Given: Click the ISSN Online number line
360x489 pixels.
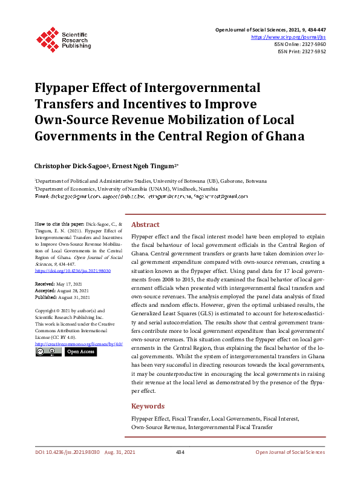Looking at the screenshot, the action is click(301, 44).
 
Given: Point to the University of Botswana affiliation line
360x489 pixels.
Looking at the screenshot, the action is click(145, 180).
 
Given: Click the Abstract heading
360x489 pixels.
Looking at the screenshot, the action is click(145, 224).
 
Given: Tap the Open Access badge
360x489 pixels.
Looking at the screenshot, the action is click(80, 351).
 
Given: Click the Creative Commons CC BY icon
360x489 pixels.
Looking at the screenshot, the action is click(48, 351).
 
